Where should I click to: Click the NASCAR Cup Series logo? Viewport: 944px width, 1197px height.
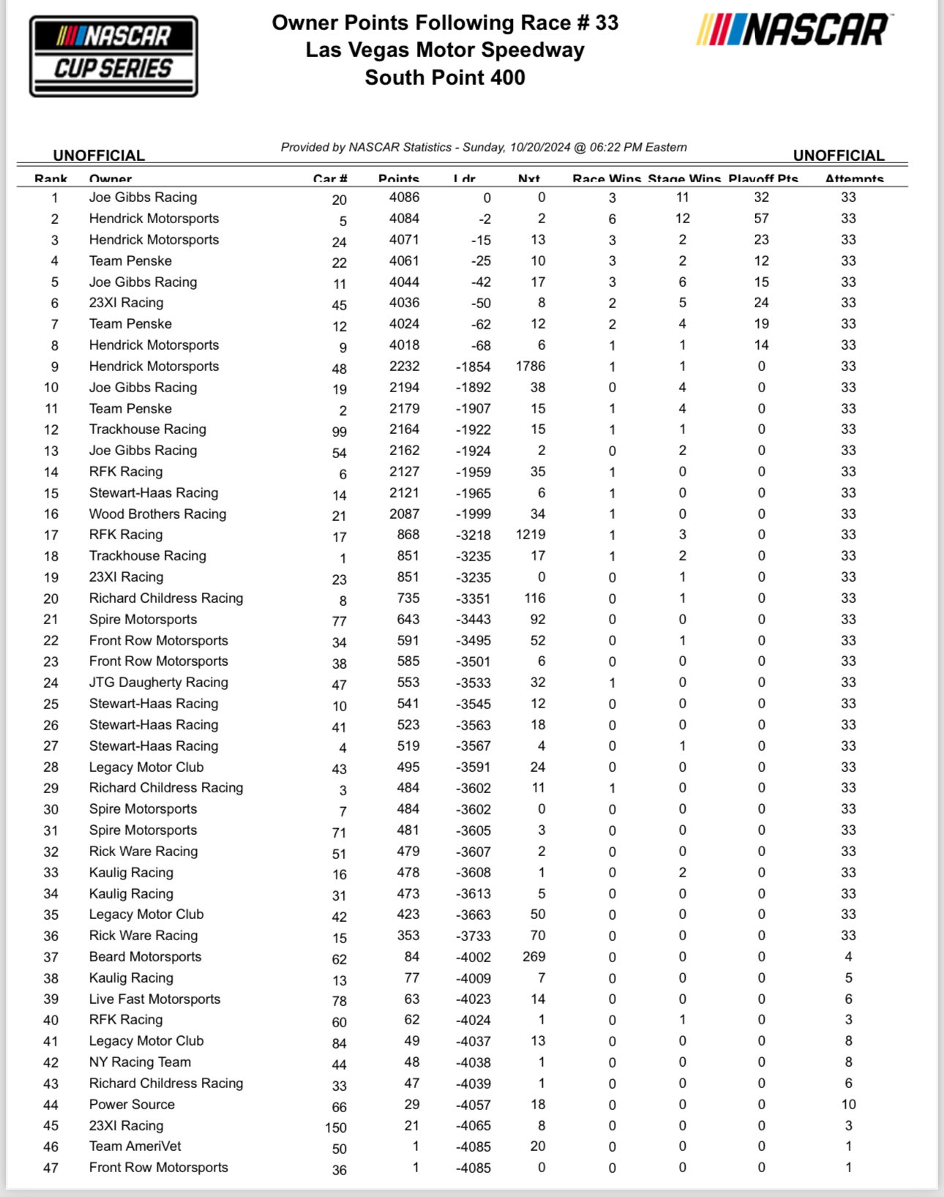(x=113, y=56)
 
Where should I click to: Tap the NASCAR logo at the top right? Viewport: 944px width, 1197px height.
(x=793, y=31)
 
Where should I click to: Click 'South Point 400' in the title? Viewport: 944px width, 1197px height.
(x=445, y=78)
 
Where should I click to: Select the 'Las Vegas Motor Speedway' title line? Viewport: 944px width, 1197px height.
(x=445, y=50)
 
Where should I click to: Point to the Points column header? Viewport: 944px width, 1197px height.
(x=399, y=179)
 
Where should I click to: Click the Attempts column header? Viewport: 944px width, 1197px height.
(x=854, y=179)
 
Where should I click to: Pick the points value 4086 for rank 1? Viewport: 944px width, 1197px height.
(x=404, y=198)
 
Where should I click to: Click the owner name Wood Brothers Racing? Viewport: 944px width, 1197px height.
(x=157, y=514)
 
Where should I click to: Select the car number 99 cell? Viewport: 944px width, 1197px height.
(x=339, y=432)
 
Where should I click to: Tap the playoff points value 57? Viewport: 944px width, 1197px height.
(x=761, y=219)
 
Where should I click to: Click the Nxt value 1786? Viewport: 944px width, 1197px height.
(x=531, y=367)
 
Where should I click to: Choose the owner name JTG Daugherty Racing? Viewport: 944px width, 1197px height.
(x=158, y=683)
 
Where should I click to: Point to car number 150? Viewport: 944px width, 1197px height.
(x=336, y=1127)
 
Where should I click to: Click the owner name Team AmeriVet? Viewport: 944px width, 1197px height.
(x=135, y=1147)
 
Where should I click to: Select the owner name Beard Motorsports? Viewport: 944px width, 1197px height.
(x=145, y=957)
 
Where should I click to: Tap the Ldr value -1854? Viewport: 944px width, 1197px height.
(x=472, y=367)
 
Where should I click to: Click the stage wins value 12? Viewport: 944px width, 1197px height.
(x=682, y=219)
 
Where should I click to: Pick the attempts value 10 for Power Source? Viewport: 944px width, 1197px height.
(x=848, y=1105)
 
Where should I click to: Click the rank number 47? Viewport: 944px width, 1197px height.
(x=50, y=1168)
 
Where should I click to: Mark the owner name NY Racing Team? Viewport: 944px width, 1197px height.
(x=140, y=1062)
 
